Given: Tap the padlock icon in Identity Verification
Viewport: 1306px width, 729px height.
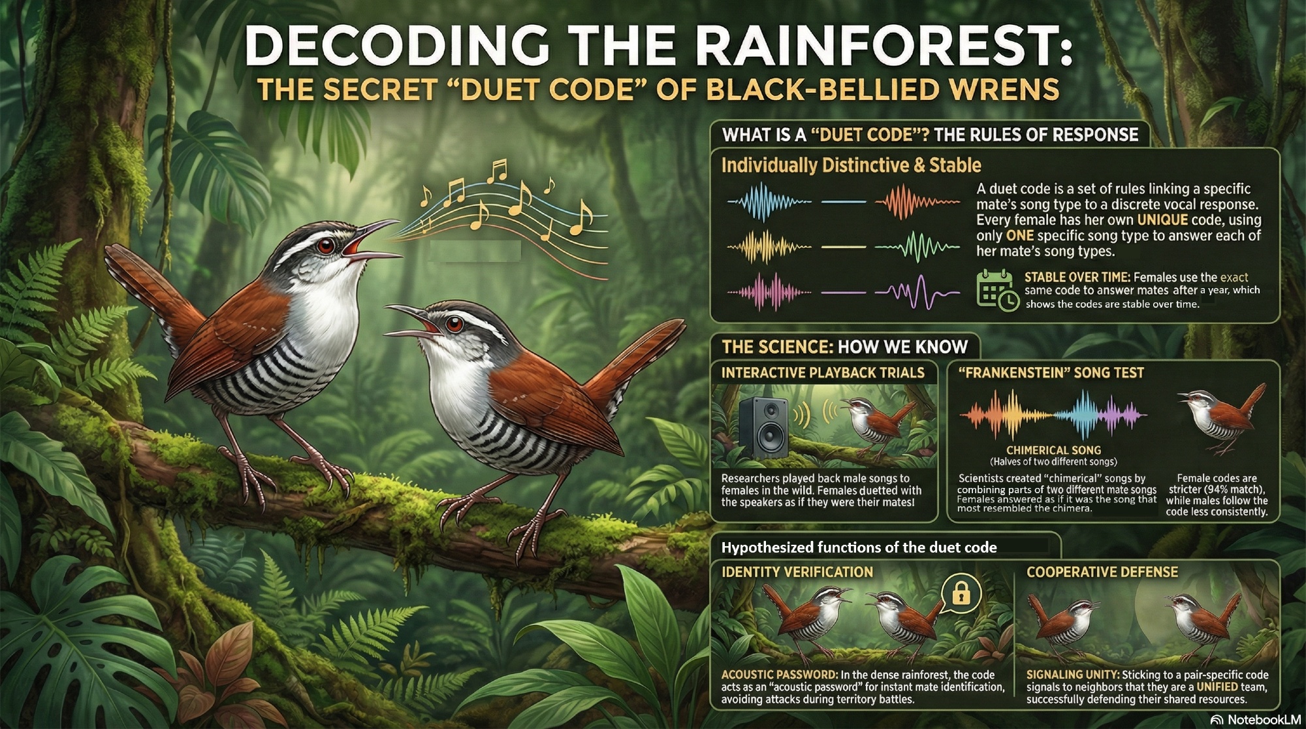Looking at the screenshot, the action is point(961,592).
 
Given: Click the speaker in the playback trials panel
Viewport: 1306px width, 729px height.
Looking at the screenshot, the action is point(765,428).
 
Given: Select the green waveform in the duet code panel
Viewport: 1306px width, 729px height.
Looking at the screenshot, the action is point(917,247).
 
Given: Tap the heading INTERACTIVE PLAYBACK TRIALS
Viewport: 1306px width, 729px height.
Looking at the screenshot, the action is point(823,373).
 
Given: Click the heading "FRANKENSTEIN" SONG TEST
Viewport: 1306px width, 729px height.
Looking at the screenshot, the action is point(1051,373).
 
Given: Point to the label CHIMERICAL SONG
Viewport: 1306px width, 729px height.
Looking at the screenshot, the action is point(1053,450).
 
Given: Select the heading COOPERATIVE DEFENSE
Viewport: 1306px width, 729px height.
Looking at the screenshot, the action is point(1102,572).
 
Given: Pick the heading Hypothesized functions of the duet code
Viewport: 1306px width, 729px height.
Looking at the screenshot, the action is point(859,547).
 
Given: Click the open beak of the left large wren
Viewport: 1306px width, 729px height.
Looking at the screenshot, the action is point(369,242).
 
